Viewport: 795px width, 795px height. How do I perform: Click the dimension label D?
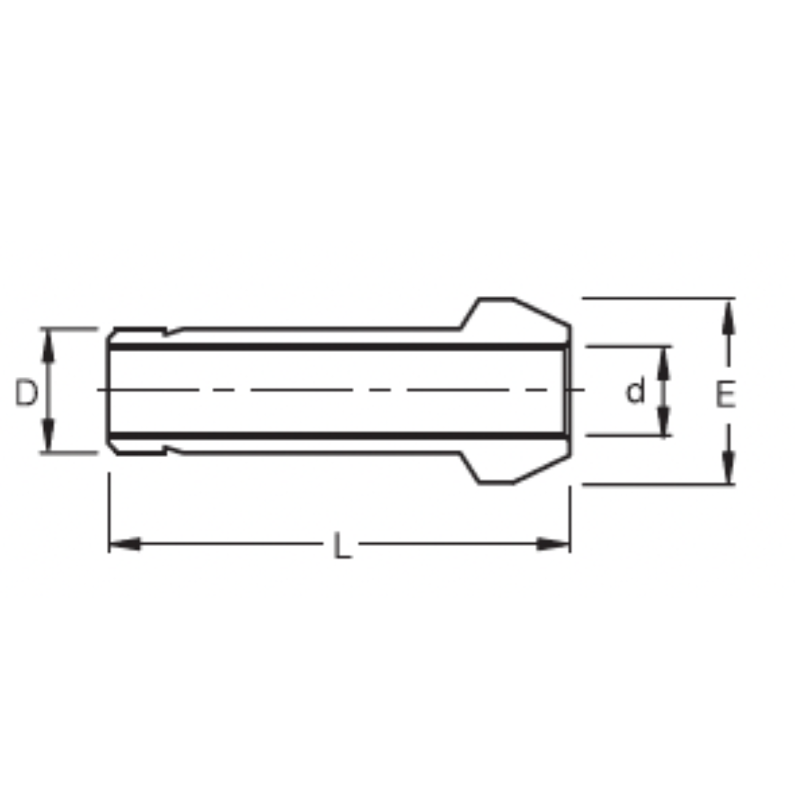(x=26, y=393)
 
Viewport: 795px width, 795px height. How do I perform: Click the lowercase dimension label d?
(x=635, y=392)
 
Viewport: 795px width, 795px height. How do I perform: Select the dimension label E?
(x=725, y=395)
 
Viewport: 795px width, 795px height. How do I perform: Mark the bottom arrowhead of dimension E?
(x=729, y=468)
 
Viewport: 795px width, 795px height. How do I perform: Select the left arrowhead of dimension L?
(x=124, y=545)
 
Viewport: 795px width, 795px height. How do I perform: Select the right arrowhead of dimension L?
(x=554, y=545)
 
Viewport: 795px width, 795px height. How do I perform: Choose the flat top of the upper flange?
(x=496, y=299)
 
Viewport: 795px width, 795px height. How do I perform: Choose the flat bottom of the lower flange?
(x=496, y=483)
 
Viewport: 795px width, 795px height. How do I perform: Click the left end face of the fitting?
(x=108, y=391)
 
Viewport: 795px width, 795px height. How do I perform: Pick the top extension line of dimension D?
(x=69, y=328)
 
